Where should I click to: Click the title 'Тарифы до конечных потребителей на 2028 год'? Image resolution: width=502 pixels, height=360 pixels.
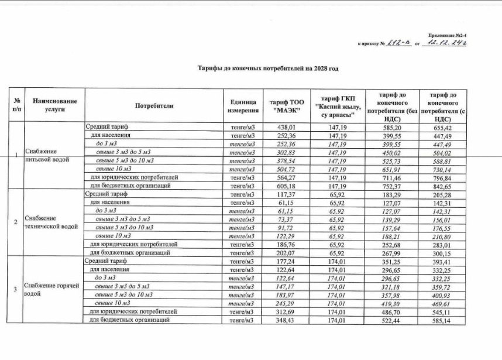coord(267,68)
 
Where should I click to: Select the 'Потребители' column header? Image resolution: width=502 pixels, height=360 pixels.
coord(154,106)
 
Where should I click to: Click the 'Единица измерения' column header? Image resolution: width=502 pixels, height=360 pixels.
coord(242,106)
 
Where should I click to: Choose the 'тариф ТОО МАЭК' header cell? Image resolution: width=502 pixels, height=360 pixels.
coord(286,106)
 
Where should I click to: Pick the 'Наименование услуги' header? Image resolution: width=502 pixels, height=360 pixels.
coord(54,106)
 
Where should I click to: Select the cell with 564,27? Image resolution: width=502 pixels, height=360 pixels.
coord(287,177)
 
